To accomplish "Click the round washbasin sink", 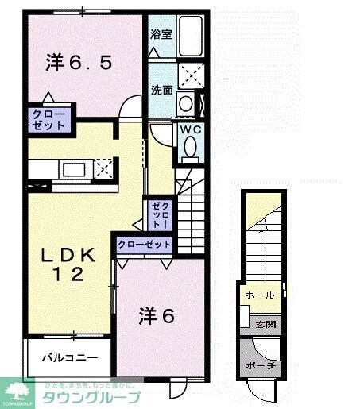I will [185, 102].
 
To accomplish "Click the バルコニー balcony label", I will [69, 357].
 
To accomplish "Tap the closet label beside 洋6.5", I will [49, 119].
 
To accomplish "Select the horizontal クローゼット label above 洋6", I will [145, 245].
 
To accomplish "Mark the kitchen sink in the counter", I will [78, 168].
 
